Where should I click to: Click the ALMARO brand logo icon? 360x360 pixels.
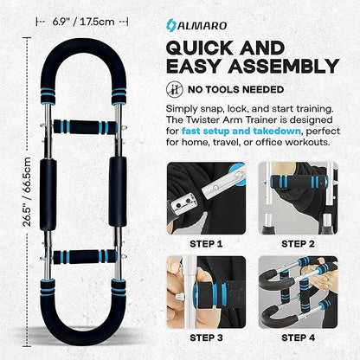pos(171,25)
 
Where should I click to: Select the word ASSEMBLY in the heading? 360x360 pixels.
pos(284,66)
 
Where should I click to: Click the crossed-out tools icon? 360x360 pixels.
pos(175,89)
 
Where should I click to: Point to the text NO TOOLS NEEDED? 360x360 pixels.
pos(236,90)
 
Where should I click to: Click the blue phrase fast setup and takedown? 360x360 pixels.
pos(241,131)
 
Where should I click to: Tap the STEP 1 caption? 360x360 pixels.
pos(206,244)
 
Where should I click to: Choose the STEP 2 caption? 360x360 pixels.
pos(298,244)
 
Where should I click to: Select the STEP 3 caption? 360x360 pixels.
pos(206,337)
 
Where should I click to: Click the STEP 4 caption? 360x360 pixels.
pos(298,337)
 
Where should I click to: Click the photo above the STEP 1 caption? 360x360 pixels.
pos(206,198)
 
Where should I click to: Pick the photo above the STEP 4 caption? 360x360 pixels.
pos(298,292)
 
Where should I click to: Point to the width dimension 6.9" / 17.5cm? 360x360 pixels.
pos(83,22)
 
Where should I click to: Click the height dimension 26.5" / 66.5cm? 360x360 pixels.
pos(27,191)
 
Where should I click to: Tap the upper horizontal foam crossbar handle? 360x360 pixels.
pos(85,126)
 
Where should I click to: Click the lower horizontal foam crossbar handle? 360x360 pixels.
pos(85,257)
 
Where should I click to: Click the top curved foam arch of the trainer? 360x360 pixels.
pos(84,47)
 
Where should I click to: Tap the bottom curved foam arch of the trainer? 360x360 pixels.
pos(84,337)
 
